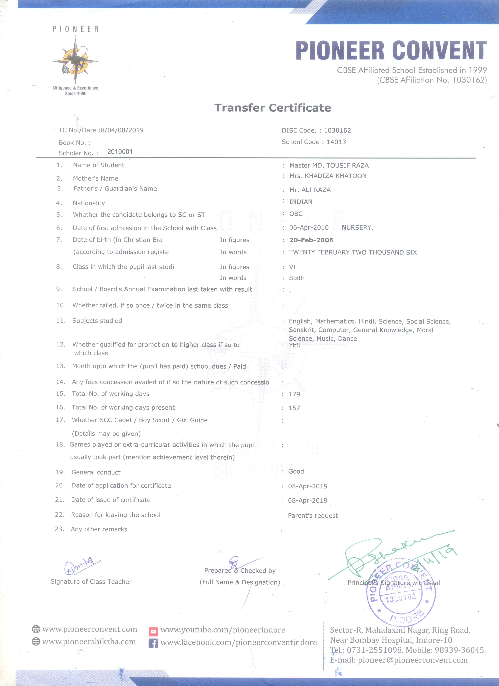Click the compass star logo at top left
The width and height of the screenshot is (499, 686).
pos(75,61)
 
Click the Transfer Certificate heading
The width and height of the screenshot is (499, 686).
pos(273,108)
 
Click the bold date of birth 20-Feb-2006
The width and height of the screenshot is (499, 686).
pos(311,240)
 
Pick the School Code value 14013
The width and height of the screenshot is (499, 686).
pos(336,142)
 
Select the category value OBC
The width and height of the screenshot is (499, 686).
pos(296,214)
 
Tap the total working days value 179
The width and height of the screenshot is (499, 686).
pos(294,394)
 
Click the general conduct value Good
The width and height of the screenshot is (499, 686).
pos(296,471)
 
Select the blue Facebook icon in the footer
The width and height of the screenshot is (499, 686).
pos(153,643)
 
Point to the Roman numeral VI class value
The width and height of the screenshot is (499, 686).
pos(293,267)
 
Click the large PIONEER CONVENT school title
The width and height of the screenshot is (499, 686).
pos(391,50)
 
